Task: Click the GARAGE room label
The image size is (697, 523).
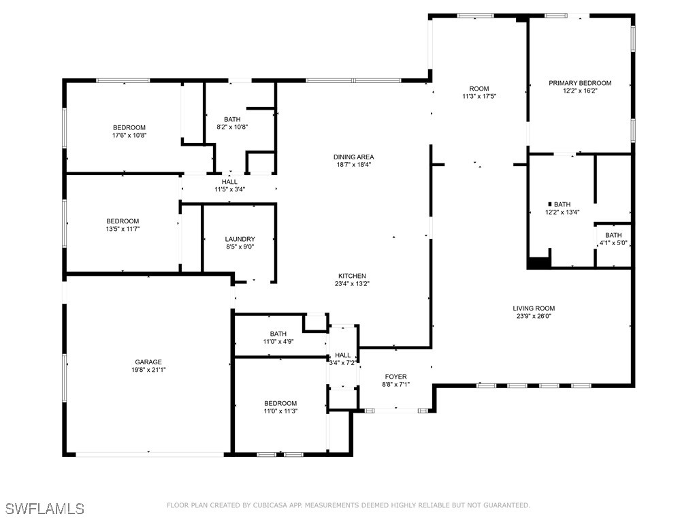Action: point(148,362)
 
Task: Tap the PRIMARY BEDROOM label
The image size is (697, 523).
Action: point(580,83)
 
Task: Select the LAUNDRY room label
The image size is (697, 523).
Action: point(240,239)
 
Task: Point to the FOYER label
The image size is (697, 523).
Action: point(395,377)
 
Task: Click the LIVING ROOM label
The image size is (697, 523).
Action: point(534,308)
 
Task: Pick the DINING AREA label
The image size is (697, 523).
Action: point(353,157)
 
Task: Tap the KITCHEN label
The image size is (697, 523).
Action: point(352,276)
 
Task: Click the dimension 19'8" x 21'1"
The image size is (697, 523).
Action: point(148,370)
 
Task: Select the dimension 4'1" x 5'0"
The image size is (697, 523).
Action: point(613,243)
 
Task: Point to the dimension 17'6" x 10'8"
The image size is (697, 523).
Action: point(129,136)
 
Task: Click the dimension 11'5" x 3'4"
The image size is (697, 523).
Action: point(230,189)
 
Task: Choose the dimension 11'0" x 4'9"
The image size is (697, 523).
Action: point(278,342)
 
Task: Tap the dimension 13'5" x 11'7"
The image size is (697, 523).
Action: point(123,229)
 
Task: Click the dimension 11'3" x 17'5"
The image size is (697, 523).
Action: point(479,96)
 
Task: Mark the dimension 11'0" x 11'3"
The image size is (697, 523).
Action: point(280,411)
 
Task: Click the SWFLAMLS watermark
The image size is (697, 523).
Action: point(45,508)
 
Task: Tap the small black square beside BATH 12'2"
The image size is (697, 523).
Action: point(550,204)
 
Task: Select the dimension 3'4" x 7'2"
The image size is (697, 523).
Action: point(342,363)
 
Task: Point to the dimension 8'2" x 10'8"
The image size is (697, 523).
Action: point(232,127)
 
